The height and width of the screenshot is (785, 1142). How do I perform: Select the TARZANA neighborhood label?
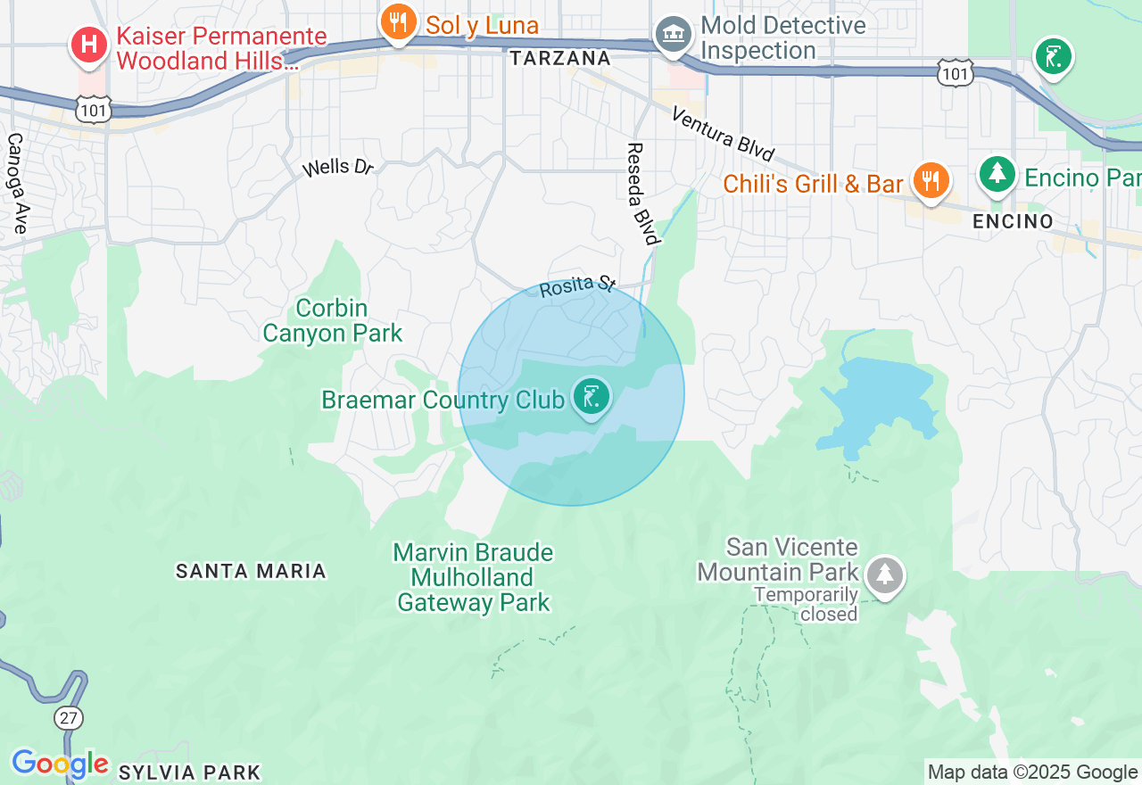pyautogui.click(x=560, y=59)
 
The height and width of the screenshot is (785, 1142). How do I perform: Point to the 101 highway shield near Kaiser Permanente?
pyautogui.click(x=94, y=110)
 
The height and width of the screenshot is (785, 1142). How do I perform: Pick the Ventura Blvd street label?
pyautogui.click(x=723, y=134)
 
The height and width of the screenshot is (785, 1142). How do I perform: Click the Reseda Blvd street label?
pyautogui.click(x=643, y=194)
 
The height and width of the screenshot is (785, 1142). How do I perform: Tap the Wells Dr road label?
pyautogui.click(x=337, y=167)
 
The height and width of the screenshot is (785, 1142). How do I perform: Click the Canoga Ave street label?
pyautogui.click(x=16, y=184)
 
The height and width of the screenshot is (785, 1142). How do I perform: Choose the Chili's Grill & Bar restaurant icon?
pyautogui.click(x=931, y=179)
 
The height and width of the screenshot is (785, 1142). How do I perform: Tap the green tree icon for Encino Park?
pyautogui.click(x=997, y=173)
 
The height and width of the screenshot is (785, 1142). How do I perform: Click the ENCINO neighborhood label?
pyautogui.click(x=1013, y=221)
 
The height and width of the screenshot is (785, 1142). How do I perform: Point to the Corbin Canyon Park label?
pyautogui.click(x=332, y=321)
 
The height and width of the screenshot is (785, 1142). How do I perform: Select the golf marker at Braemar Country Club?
pyautogui.click(x=590, y=396)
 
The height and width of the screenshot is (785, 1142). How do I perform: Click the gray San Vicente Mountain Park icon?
pyautogui.click(x=884, y=574)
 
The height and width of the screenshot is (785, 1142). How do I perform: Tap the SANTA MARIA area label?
pyautogui.click(x=251, y=571)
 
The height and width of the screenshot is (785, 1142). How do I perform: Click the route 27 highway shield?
pyautogui.click(x=69, y=717)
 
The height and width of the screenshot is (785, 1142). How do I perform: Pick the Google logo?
pyautogui.click(x=60, y=764)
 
